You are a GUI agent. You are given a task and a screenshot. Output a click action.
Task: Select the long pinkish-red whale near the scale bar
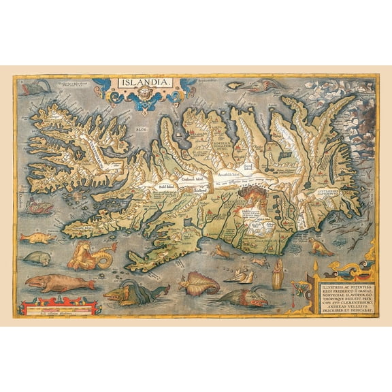click(x=51, y=282)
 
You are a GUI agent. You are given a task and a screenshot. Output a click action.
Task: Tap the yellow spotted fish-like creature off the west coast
click(x=38, y=238)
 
